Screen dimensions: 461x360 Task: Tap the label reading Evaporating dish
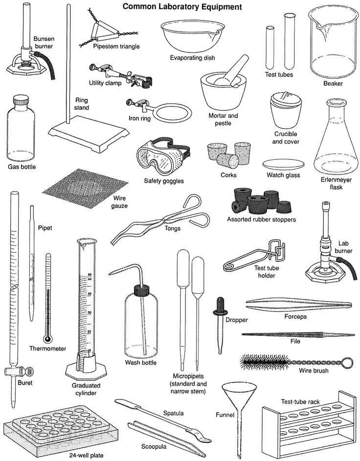(192, 58)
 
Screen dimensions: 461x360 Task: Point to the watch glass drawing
(283, 164)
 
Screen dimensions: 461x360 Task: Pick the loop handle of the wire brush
(347, 362)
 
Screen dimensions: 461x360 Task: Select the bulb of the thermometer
(47, 339)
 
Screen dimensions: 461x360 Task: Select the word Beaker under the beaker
(333, 83)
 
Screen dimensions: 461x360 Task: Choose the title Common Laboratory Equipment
(182, 7)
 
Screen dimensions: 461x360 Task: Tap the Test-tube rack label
(300, 401)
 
